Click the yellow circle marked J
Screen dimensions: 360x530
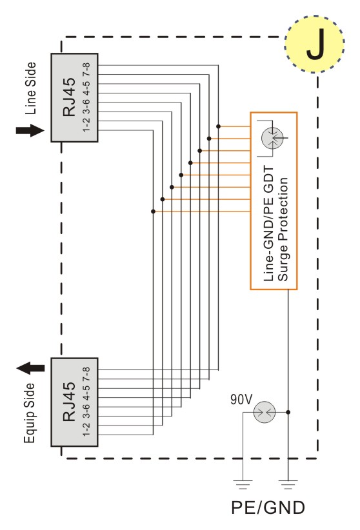[x=314, y=44]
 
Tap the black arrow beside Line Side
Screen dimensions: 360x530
[x=30, y=130]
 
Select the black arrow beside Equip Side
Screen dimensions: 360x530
[x=30, y=368]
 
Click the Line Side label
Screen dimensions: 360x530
[x=30, y=88]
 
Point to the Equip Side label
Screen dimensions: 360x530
[x=30, y=413]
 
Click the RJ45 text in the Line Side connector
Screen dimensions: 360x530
[x=69, y=97]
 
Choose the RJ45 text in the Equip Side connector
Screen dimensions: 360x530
[x=69, y=402]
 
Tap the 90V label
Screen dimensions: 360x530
[x=241, y=400]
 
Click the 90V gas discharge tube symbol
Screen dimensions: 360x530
[x=265, y=412]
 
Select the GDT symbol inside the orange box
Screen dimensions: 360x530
[x=273, y=138]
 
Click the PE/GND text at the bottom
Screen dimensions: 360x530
[x=268, y=507]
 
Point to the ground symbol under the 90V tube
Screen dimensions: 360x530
[x=243, y=484]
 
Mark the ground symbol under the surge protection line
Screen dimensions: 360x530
[x=288, y=484]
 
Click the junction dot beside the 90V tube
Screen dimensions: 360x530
[x=288, y=412]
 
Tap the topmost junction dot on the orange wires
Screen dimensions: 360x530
[x=219, y=126]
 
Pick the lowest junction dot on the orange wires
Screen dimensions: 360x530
[x=154, y=211]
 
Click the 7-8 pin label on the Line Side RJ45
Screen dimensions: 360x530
[x=86, y=69]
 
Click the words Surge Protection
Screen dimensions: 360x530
[x=283, y=230]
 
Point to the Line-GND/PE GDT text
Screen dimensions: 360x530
[x=268, y=224]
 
